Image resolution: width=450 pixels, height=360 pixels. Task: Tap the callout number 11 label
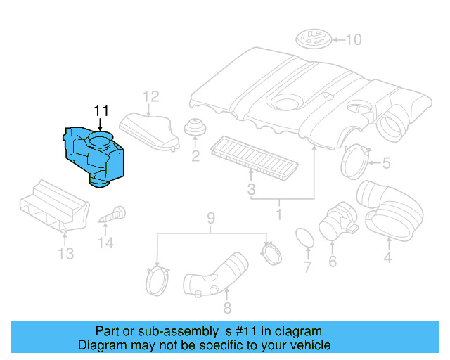click(x=102, y=110)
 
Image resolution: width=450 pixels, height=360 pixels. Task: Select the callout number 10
click(x=353, y=39)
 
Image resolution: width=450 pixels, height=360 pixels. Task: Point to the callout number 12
click(x=151, y=96)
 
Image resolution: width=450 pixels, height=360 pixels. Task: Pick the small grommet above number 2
click(x=194, y=129)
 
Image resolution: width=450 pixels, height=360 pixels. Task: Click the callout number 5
click(x=386, y=164)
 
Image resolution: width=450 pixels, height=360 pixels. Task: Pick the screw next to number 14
click(x=112, y=214)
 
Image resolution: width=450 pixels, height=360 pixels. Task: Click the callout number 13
click(x=65, y=253)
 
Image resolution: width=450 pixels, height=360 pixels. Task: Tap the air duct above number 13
click(x=53, y=206)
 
